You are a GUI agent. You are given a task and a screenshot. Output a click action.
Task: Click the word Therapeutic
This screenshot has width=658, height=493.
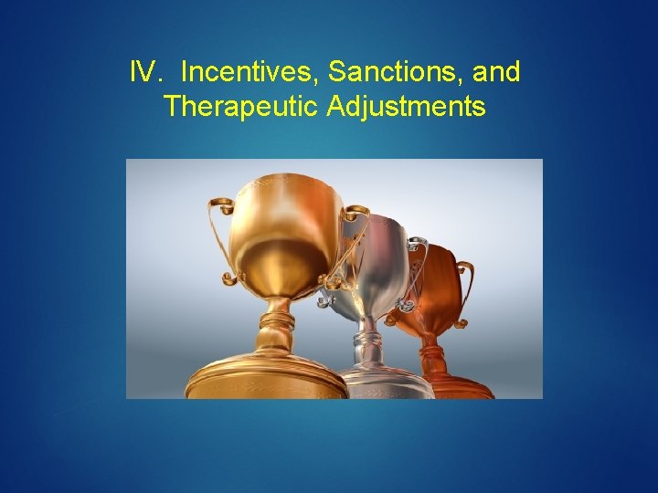pos(240,107)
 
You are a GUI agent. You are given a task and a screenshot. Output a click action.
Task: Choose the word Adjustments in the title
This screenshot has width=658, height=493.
pos(406,107)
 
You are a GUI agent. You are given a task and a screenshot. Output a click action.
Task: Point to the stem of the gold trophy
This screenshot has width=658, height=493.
pos(274,329)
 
